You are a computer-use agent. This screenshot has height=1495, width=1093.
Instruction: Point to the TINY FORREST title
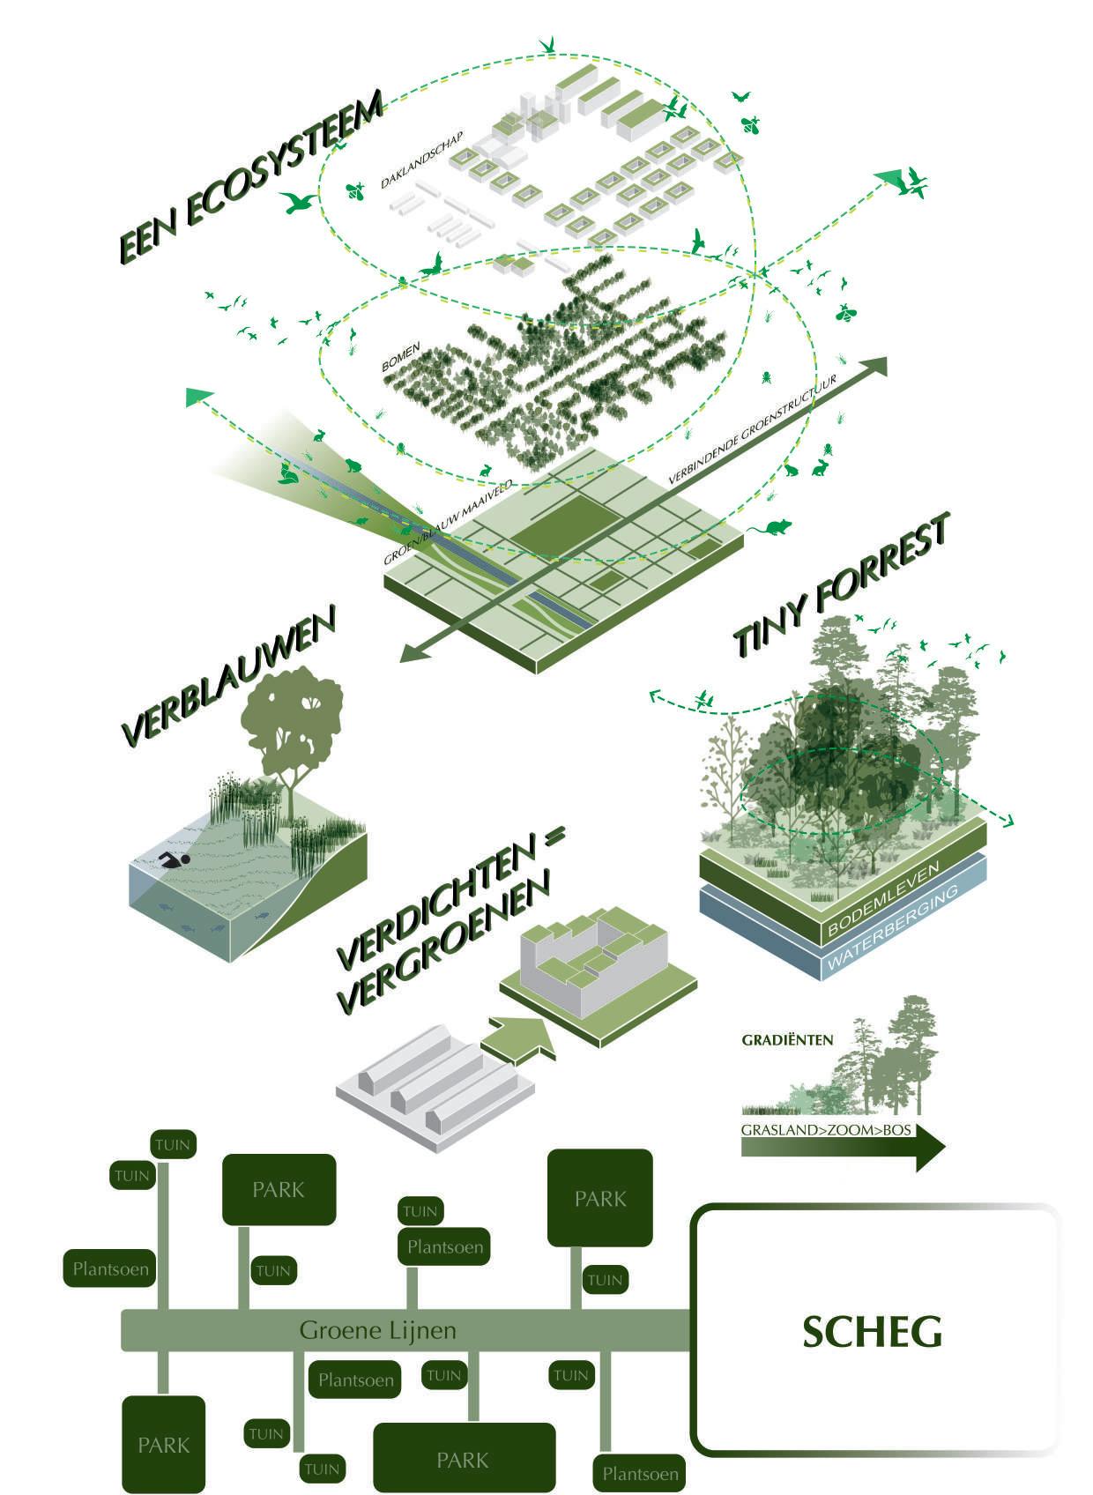[841, 584]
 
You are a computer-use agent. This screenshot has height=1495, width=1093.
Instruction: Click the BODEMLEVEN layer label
[883, 898]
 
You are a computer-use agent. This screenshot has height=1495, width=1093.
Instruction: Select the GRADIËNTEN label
[787, 1040]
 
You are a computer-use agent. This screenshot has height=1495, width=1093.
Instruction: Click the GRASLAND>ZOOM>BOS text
[826, 1130]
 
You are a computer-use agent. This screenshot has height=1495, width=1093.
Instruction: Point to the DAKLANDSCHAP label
[421, 160]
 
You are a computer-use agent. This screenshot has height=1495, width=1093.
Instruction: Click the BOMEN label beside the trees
[401, 357]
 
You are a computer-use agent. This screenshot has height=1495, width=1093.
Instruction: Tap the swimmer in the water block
[175, 860]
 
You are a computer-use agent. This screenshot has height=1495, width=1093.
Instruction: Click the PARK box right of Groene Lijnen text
[600, 1198]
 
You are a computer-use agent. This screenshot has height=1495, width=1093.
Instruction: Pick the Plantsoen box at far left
[110, 1268]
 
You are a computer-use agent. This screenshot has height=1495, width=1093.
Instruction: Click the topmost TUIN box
[174, 1144]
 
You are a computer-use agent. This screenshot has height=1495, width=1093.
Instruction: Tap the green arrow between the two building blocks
[518, 1040]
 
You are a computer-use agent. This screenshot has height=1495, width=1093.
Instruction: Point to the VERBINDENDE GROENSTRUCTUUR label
[753, 430]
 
